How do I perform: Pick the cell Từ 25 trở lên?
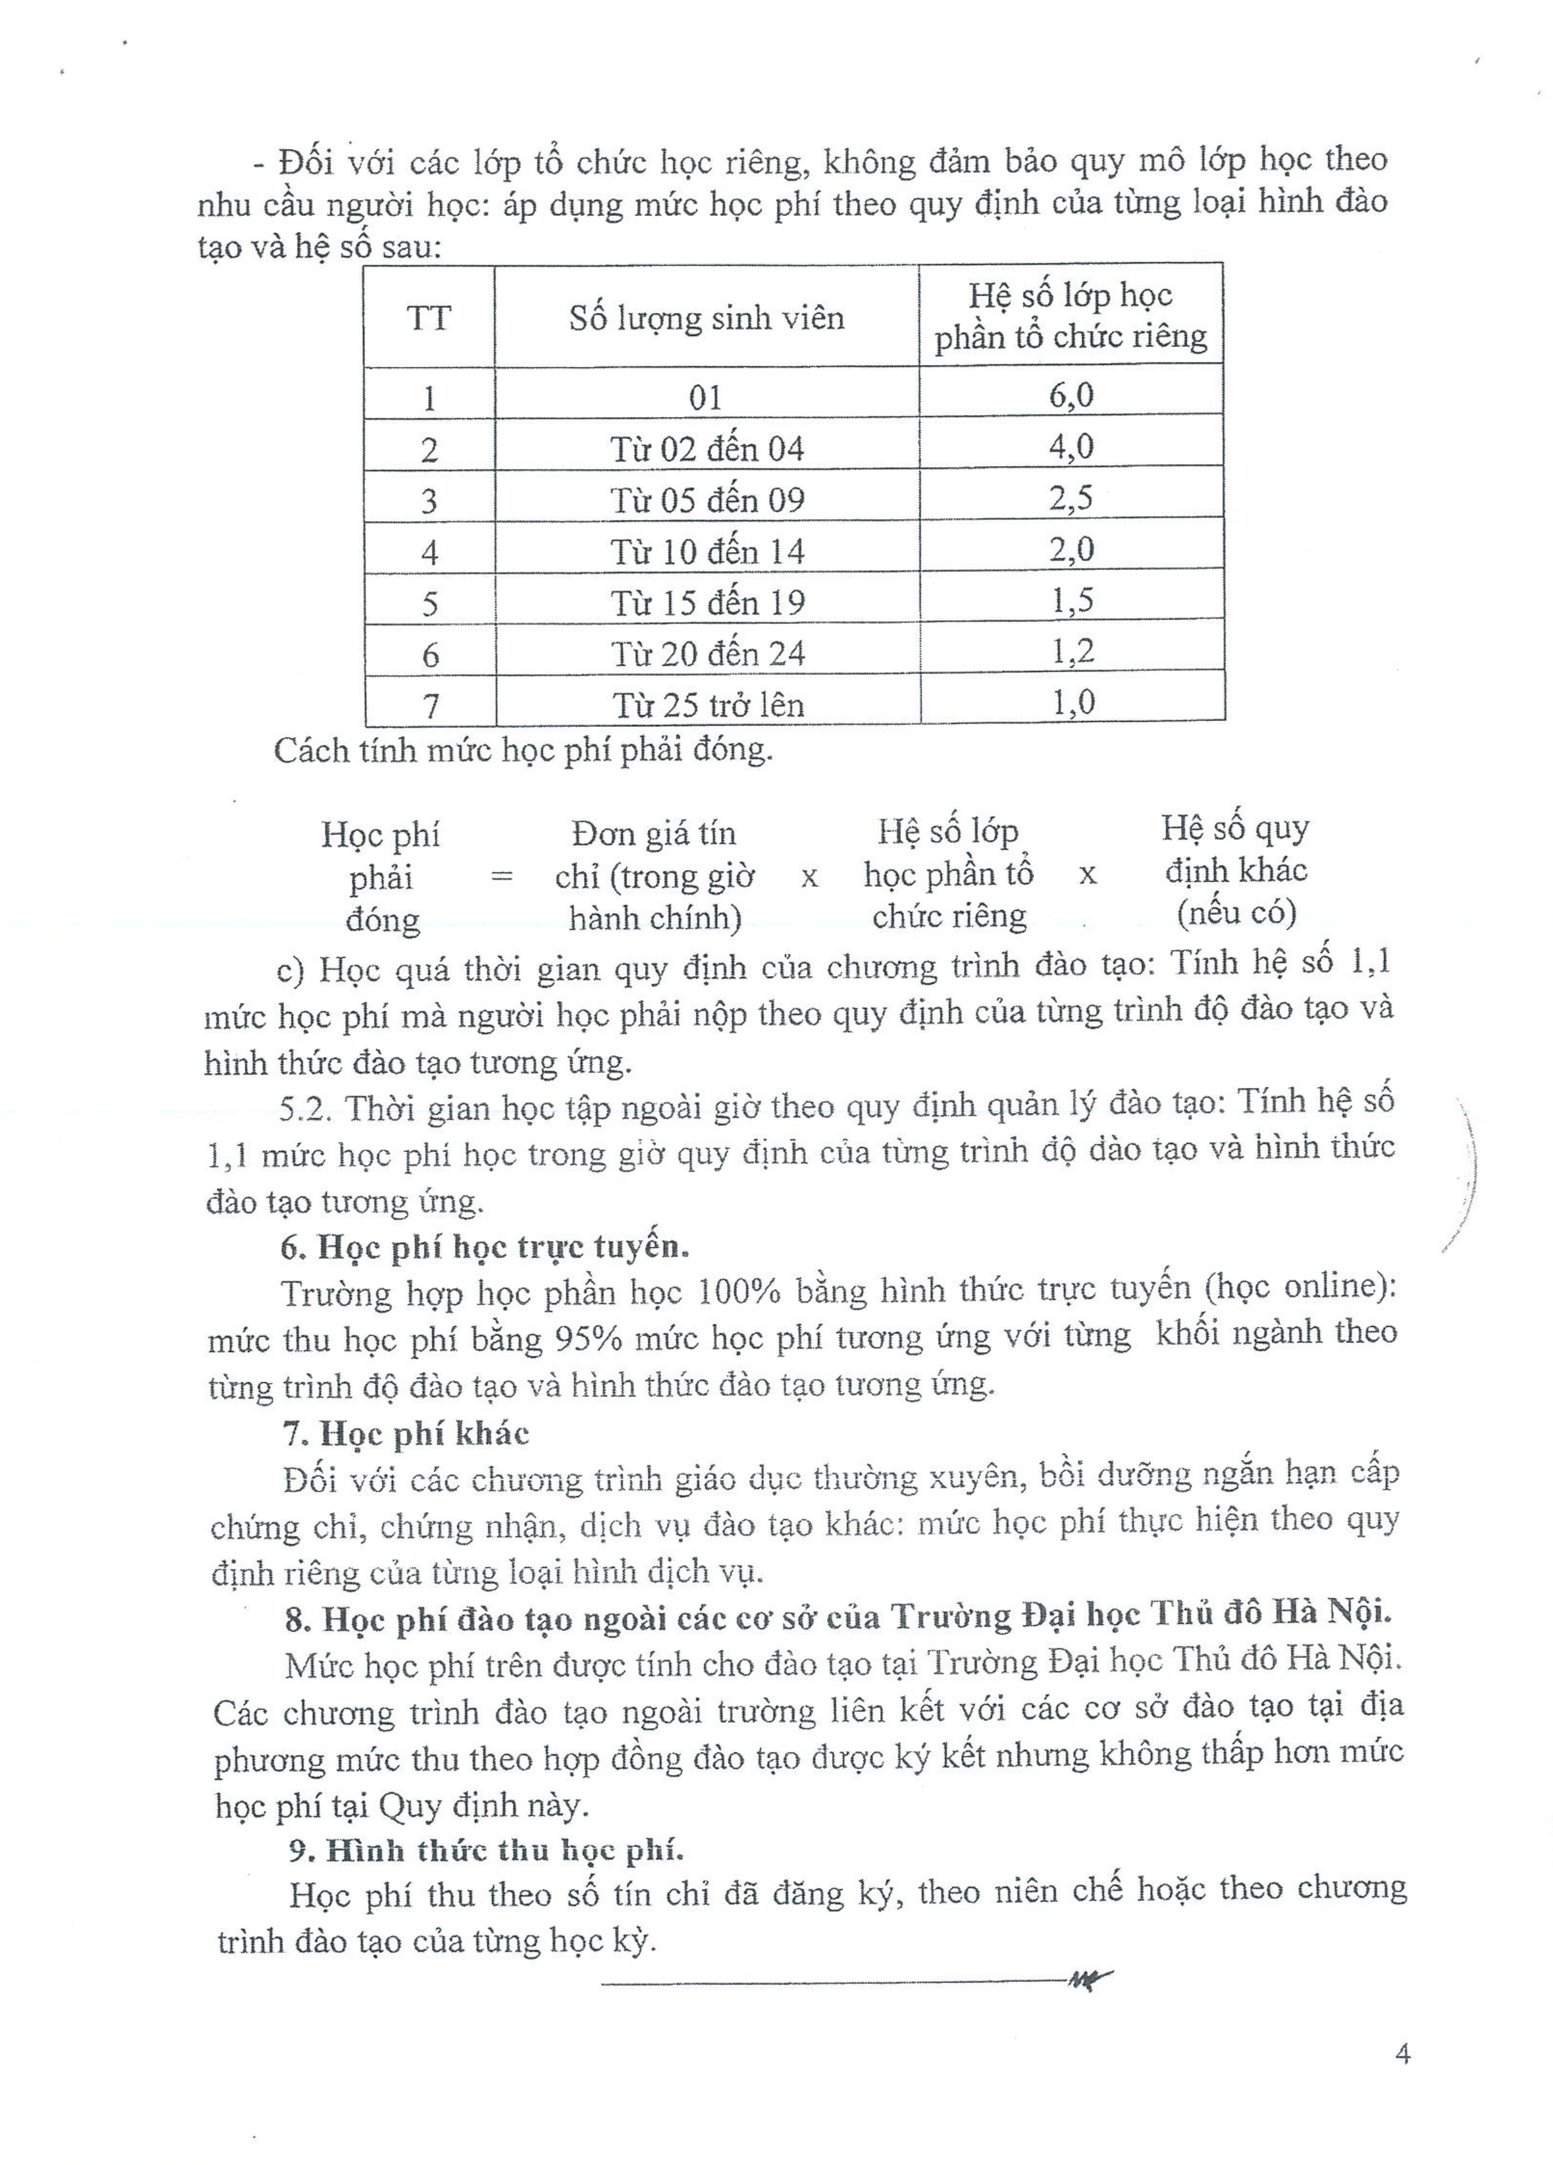pyautogui.click(x=707, y=704)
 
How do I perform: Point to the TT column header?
pyautogui.click(x=429, y=317)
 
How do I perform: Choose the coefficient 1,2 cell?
pyautogui.click(x=1072, y=651)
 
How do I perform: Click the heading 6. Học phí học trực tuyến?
pyautogui.click(x=485, y=1247)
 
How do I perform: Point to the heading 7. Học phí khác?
pyautogui.click(x=405, y=1434)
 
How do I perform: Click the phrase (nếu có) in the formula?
pyautogui.click(x=1236, y=913)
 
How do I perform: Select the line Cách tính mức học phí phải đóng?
pyautogui.click(x=523, y=751)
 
